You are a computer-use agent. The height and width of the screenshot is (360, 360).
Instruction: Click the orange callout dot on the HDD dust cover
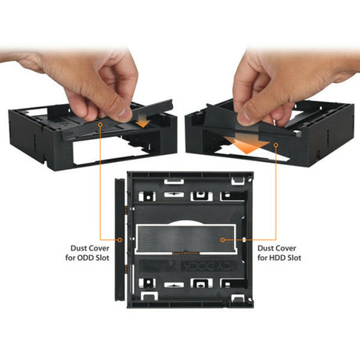224,240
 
